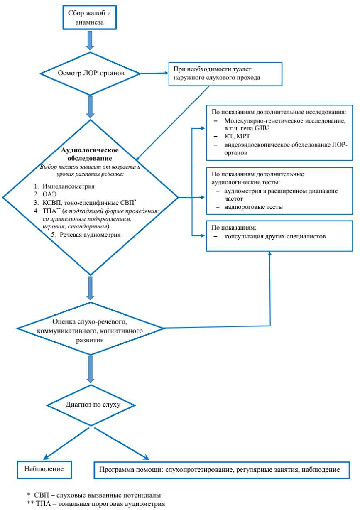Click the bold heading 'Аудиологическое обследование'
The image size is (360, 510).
[x=90, y=154]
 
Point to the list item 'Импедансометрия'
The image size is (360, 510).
[x=69, y=186]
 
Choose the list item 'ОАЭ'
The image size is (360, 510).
[x=49, y=194]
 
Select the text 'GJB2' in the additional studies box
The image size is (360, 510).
[x=262, y=128]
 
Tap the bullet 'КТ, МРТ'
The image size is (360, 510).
[x=237, y=136]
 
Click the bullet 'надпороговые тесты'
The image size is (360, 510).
[x=253, y=207]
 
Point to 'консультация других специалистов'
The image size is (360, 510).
[x=275, y=236]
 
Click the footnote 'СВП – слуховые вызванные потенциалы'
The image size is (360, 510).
[x=94, y=495]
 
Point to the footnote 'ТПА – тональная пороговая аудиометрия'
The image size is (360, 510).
[x=96, y=504]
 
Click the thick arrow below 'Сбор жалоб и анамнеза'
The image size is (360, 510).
[x=90, y=40]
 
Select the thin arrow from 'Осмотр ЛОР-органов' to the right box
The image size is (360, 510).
[x=154, y=74]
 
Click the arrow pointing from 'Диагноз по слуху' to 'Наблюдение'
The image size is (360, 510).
[x=66, y=443]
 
